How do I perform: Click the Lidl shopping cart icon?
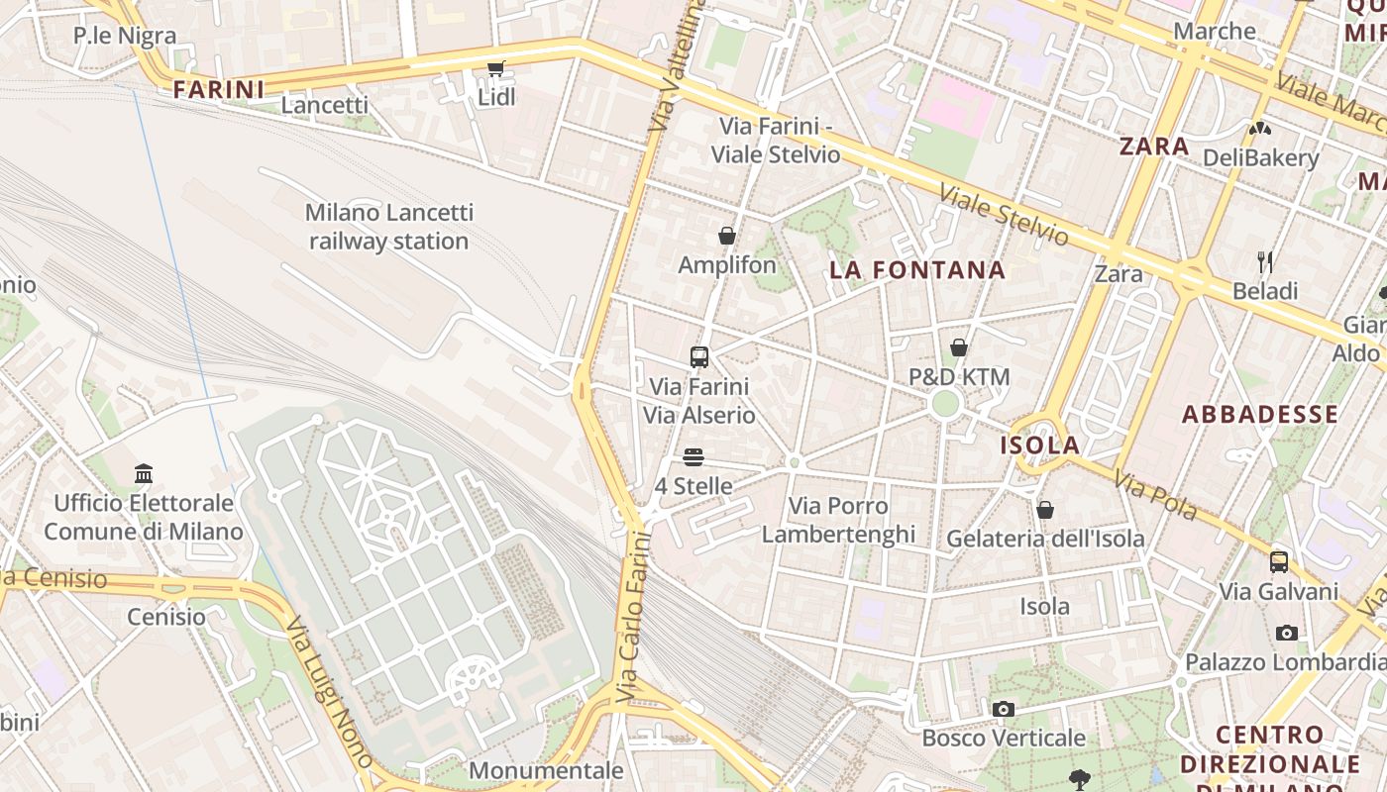coord(495,68)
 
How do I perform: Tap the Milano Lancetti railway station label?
coord(388,227)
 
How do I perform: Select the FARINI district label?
coord(219,90)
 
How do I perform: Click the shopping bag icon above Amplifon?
coord(726,236)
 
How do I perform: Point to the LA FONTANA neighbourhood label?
coord(916,269)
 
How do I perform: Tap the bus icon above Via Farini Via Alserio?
coord(699,356)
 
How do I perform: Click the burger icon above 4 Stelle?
coord(693,457)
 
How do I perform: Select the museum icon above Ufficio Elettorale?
coord(144,473)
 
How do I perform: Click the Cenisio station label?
coord(166,617)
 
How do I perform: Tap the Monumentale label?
coord(546,770)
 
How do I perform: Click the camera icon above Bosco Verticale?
coord(1004,709)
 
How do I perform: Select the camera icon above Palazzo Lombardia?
coord(1286,633)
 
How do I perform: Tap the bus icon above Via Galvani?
coord(1279,562)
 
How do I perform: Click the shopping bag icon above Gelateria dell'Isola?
coord(1044,510)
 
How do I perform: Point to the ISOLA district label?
coord(1039,445)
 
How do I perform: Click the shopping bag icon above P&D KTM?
coord(958,347)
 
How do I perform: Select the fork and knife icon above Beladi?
coord(1264,262)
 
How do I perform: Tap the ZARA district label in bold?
coord(1154,147)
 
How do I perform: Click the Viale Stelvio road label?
coord(1004,215)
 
